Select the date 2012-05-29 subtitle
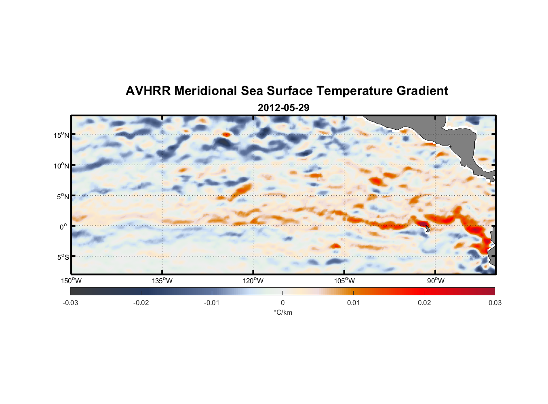click(x=283, y=108)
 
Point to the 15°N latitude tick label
click(x=61, y=135)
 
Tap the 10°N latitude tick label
click(x=61, y=166)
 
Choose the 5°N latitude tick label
click(x=63, y=196)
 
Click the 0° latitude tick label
click(x=63, y=227)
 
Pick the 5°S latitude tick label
click(x=63, y=257)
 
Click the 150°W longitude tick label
click(x=71, y=281)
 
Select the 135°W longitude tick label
click(x=162, y=281)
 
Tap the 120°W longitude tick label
click(x=253, y=281)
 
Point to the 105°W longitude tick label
click(x=344, y=281)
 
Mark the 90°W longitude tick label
click(x=435, y=281)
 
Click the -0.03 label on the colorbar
click(x=70, y=303)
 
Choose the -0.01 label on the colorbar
click(x=212, y=303)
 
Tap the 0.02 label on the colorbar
click(x=424, y=303)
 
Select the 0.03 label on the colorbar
click(x=495, y=303)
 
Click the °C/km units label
click(x=282, y=312)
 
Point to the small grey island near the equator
click(x=428, y=229)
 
